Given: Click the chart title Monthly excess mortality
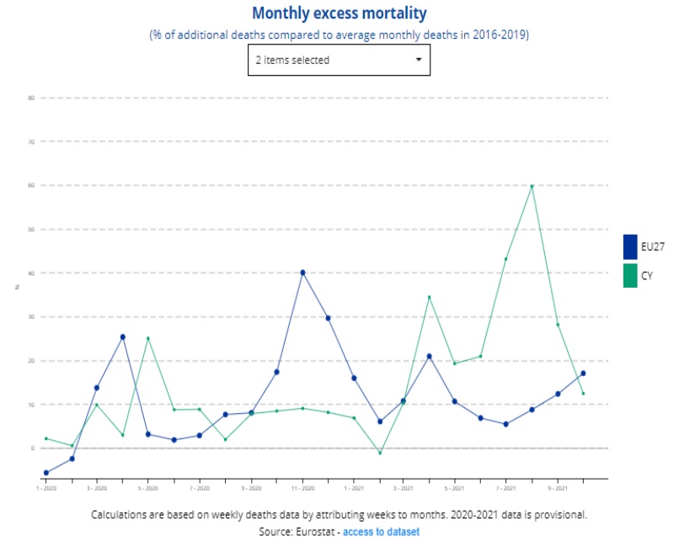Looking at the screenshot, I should (339, 13).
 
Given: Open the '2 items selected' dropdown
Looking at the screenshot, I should (339, 60).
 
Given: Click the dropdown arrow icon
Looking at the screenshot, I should (419, 60).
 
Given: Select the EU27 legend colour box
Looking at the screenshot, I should (629, 247).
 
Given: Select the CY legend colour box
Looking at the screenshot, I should (629, 275).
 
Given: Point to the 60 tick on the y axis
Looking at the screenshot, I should (30, 185).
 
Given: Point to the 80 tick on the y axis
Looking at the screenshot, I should (30, 98).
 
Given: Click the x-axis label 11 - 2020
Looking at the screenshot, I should (302, 488).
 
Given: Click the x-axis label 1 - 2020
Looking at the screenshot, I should (45, 488).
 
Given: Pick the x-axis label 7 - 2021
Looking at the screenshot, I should (505, 488).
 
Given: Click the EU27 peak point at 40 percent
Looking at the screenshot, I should (302, 273).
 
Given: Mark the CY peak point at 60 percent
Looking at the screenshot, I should (532, 185).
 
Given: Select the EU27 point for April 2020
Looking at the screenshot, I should (123, 337).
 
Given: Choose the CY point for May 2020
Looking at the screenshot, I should (148, 338).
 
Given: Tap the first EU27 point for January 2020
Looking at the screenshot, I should (46, 473).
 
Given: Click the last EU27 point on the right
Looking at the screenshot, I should (583, 374).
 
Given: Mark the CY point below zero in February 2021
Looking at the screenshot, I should (380, 453).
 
